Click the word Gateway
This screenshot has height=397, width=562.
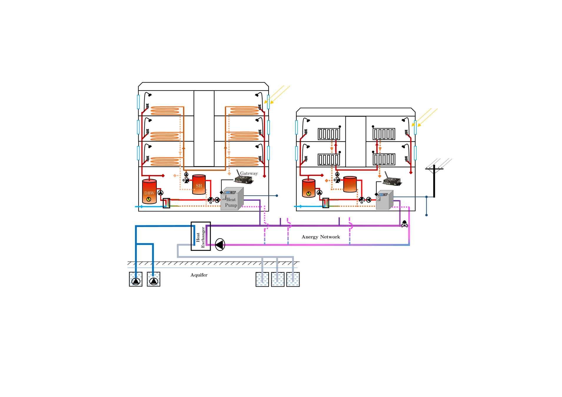pyautogui.click(x=249, y=173)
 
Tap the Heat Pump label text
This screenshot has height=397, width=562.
pyautogui.click(x=231, y=202)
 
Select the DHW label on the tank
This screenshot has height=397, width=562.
pyautogui.click(x=149, y=193)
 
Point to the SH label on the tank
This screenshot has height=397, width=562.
pyautogui.click(x=199, y=186)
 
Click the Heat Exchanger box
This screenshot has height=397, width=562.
pyautogui.click(x=201, y=236)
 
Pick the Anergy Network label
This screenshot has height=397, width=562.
pyautogui.click(x=320, y=237)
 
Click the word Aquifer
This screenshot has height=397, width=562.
pyautogui.click(x=199, y=275)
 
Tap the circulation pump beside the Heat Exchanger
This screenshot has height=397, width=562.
pyautogui.click(x=220, y=245)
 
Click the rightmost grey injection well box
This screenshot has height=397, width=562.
pyautogui.click(x=293, y=279)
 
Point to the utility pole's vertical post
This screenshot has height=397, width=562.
pyautogui.click(x=434, y=182)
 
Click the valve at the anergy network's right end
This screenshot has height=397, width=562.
pyautogui.click(x=404, y=224)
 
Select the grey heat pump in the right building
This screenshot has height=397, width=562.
pyautogui.click(x=384, y=200)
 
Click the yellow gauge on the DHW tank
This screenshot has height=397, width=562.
pyautogui.click(x=149, y=199)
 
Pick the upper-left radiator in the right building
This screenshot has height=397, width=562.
pyautogui.click(x=329, y=134)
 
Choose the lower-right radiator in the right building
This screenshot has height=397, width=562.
pyautogui.click(x=384, y=159)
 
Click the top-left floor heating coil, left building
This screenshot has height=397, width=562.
pyautogui.click(x=165, y=111)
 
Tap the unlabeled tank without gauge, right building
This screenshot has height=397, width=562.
pyautogui.click(x=350, y=184)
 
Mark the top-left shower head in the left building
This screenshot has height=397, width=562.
pyautogui.click(x=150, y=95)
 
